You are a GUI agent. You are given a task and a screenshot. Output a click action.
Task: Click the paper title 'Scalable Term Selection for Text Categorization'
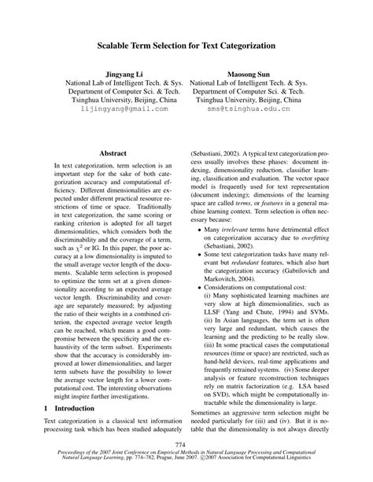(186, 47)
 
